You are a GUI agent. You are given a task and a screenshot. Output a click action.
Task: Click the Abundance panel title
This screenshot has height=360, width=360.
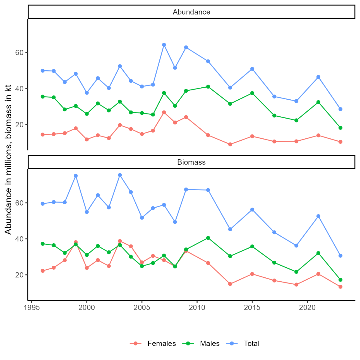point(191,12)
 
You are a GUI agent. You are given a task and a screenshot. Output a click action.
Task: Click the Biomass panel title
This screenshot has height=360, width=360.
point(191,162)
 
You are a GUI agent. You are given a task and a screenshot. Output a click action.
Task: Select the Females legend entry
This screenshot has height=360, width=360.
point(162,344)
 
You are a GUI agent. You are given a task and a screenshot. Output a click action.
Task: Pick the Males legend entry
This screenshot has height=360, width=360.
point(210,344)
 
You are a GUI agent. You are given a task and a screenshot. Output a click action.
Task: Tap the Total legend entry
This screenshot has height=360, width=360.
point(251,344)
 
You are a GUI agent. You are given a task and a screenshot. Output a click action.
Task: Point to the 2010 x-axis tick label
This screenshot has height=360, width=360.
point(197,308)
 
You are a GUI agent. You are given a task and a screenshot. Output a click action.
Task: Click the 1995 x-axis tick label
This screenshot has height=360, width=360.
point(32,308)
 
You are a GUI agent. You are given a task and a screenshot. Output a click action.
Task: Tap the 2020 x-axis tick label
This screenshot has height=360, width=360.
point(307,308)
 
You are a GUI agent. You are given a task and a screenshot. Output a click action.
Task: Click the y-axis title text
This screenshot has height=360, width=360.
point(8,159)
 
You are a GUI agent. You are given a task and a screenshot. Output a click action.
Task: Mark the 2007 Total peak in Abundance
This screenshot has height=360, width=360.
point(164,45)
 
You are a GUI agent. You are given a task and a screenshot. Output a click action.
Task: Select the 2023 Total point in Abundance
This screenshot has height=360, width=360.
point(340,109)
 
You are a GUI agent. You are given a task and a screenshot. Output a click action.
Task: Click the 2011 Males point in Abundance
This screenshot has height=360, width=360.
point(208,87)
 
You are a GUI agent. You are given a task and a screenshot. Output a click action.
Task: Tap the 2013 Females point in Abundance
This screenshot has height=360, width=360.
point(230,144)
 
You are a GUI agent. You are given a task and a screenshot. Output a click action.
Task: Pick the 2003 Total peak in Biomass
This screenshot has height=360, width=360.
point(120,175)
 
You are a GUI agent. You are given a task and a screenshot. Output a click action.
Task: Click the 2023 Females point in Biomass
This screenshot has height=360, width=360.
point(340,287)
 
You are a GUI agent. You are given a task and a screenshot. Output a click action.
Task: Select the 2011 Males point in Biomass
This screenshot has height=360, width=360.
point(208,238)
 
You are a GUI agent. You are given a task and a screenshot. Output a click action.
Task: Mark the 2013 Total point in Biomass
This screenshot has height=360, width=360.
point(230,229)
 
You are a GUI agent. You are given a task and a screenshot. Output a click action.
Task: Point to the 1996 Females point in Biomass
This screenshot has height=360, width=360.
point(43,271)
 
